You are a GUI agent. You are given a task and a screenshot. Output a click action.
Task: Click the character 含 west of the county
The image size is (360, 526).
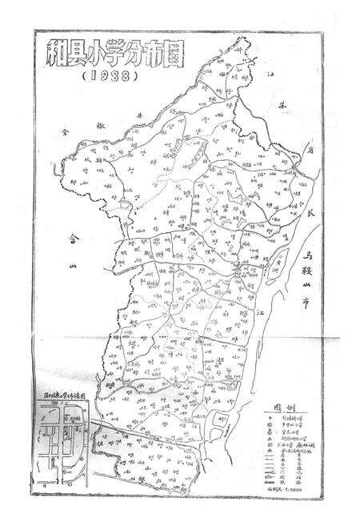(75, 238)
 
